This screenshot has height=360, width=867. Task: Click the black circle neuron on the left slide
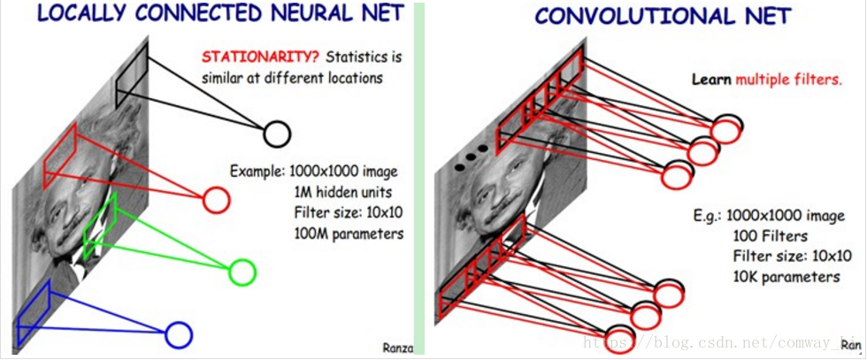276,134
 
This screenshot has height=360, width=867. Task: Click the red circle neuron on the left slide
216,200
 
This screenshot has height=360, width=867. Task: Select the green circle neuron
242,272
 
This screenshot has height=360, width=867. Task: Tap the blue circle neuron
178,334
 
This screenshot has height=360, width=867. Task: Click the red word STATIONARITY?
261,57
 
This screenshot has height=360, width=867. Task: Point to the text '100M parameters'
349,234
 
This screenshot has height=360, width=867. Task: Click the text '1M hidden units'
343,192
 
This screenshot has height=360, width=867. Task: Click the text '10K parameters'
786,277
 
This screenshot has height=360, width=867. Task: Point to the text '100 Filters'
770,236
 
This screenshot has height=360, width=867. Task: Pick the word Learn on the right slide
710,79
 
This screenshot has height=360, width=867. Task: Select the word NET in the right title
763,16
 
